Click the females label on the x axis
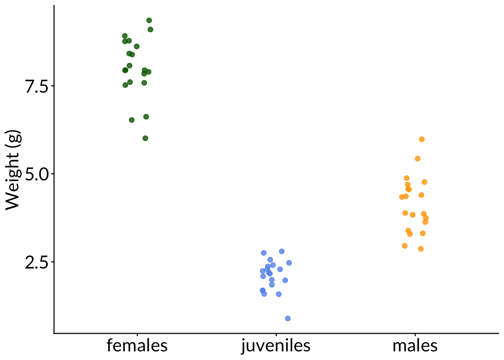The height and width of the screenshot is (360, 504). [137, 346]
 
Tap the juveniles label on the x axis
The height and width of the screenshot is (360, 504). [276, 346]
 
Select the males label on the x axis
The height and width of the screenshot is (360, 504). [415, 346]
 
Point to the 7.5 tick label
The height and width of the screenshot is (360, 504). [37, 86]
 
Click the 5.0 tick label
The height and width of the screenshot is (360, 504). [37, 174]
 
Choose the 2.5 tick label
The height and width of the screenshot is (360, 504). [37, 262]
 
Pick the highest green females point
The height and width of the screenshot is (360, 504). [149, 20]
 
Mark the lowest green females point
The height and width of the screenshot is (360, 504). [145, 138]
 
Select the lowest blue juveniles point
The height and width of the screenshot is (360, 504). [288, 318]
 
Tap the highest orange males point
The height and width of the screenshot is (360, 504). [421, 139]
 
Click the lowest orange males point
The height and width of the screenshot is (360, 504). [421, 249]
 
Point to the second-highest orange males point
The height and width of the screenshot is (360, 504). [417, 159]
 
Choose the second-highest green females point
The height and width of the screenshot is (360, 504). [150, 29]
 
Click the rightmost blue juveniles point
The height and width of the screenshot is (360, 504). [289, 263]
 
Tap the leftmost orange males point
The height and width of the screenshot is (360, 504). [402, 197]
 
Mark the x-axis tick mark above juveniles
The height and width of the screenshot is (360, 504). [276, 334]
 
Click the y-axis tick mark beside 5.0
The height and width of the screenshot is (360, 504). [52, 174]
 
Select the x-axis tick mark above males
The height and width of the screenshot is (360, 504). [415, 334]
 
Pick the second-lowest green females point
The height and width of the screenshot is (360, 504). [132, 120]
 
